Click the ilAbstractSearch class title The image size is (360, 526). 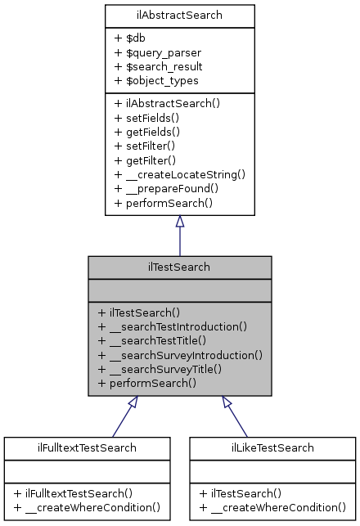click(179, 15)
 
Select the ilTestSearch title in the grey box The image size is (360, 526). click(179, 267)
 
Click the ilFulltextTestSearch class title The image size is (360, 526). click(87, 447)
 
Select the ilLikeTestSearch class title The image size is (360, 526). click(273, 447)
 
